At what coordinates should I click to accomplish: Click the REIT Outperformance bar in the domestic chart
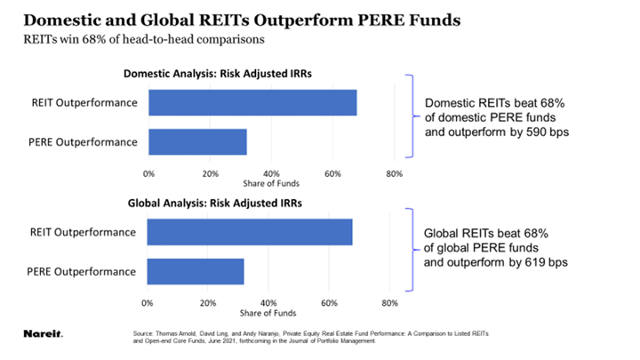(252, 103)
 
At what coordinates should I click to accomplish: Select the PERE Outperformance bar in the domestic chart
(197, 142)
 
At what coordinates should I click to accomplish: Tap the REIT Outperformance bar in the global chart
(250, 232)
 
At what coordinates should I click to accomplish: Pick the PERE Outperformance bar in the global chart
(195, 271)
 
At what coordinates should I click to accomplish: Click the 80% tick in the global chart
(388, 303)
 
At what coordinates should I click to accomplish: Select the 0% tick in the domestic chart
(148, 172)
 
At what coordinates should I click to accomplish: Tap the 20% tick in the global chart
(206, 303)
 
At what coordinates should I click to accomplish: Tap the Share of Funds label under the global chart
(268, 313)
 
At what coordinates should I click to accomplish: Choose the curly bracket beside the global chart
(410, 249)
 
